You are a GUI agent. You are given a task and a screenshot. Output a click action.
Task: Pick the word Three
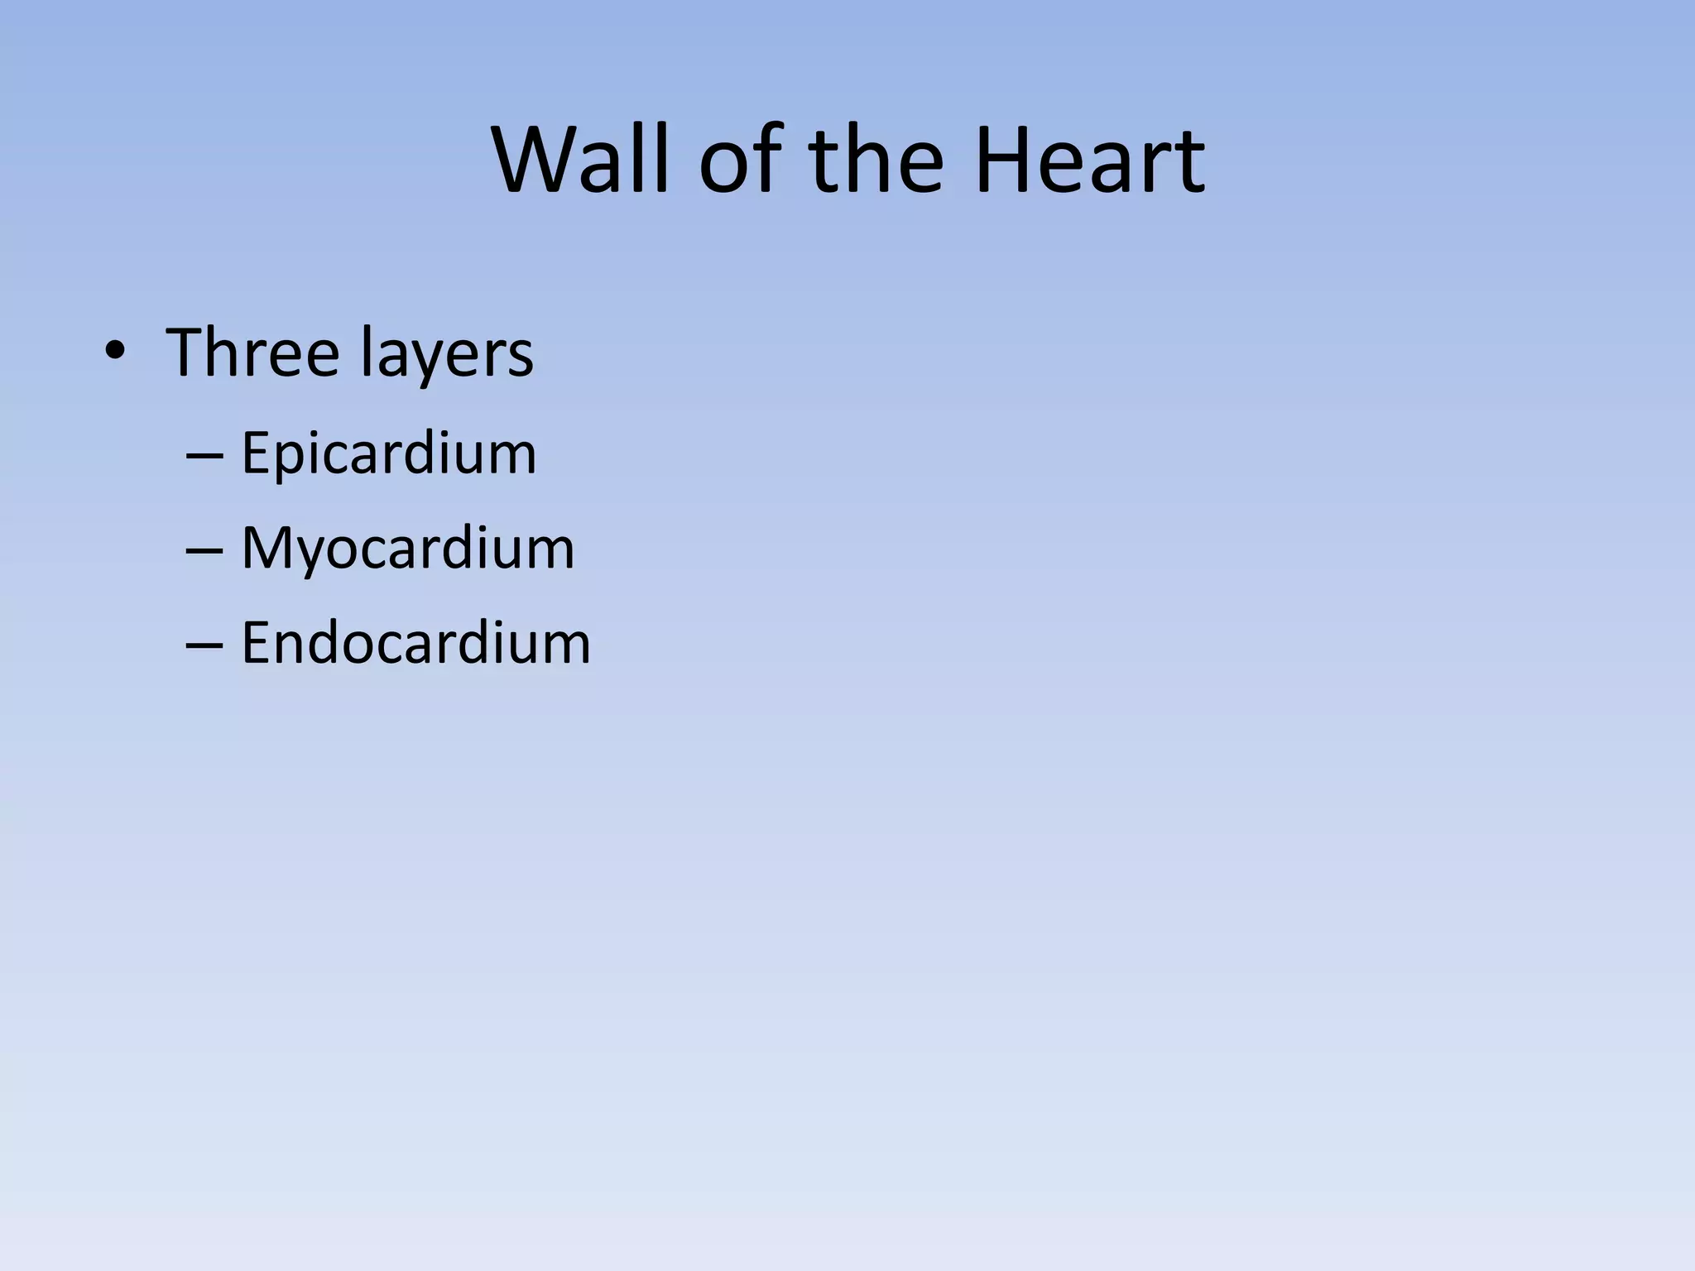click(252, 353)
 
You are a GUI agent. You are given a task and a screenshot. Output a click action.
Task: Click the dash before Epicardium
click(204, 456)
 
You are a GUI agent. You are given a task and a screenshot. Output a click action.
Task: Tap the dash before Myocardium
click(204, 550)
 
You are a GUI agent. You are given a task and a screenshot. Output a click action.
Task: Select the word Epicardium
click(388, 454)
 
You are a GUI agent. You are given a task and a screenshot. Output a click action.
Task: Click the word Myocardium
click(407, 549)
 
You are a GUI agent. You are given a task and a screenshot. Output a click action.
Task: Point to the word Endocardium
click(415, 643)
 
